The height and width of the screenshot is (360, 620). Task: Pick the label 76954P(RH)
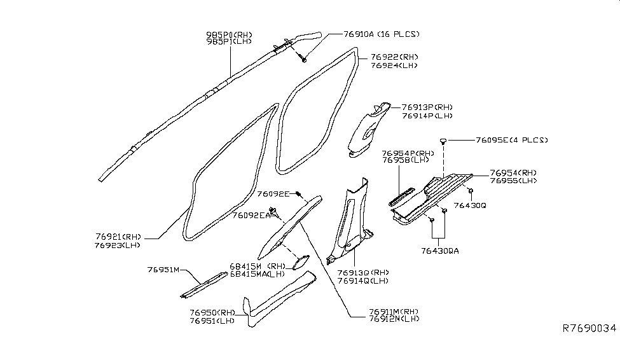tap(408, 153)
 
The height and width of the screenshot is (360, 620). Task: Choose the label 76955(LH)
tap(514, 181)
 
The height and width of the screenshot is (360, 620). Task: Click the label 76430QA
tap(439, 250)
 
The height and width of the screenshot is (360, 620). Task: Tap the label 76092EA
tap(250, 216)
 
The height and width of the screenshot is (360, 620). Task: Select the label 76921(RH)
tap(117, 236)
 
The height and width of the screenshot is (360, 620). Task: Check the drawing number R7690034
tap(589, 329)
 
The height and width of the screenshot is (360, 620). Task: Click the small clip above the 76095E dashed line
tap(441, 141)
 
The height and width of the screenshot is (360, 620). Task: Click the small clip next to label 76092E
tap(298, 194)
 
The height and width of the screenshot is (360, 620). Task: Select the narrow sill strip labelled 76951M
tap(202, 284)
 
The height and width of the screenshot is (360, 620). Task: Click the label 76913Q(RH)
tap(364, 272)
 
